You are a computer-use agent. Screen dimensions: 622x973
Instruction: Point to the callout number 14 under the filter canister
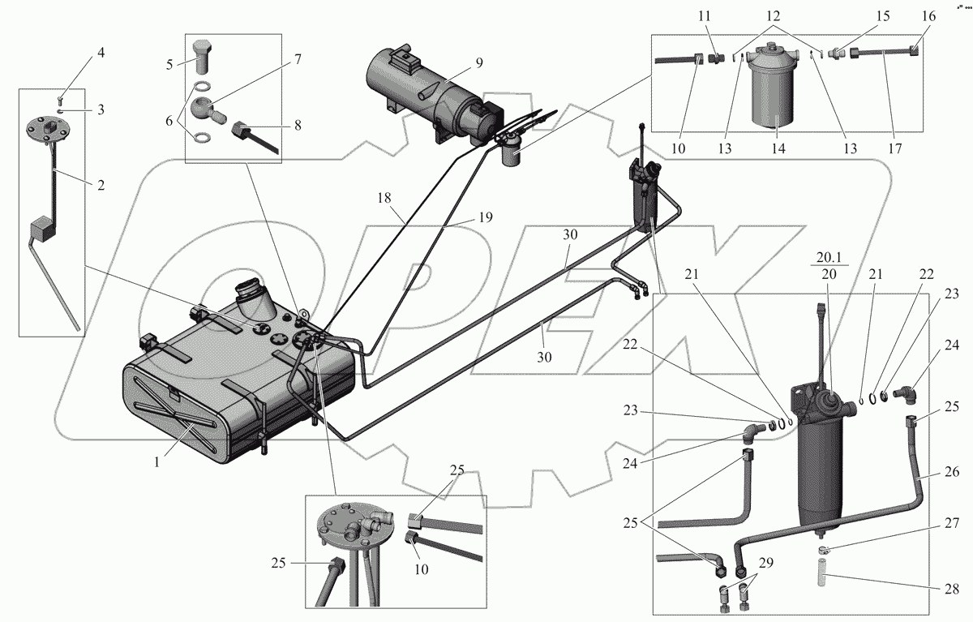pyautogui.click(x=778, y=148)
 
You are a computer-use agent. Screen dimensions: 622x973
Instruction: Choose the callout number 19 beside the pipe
pyautogui.click(x=485, y=218)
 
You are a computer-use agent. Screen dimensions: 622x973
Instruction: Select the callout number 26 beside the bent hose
pyautogui.click(x=953, y=471)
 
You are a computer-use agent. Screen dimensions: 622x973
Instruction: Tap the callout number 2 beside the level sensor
pyautogui.click(x=101, y=185)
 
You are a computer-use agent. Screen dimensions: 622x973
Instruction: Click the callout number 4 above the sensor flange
pyautogui.click(x=101, y=53)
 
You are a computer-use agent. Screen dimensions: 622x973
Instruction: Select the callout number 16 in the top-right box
pyautogui.click(x=929, y=16)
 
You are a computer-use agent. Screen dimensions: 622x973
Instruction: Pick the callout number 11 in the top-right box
pyautogui.click(x=705, y=16)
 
